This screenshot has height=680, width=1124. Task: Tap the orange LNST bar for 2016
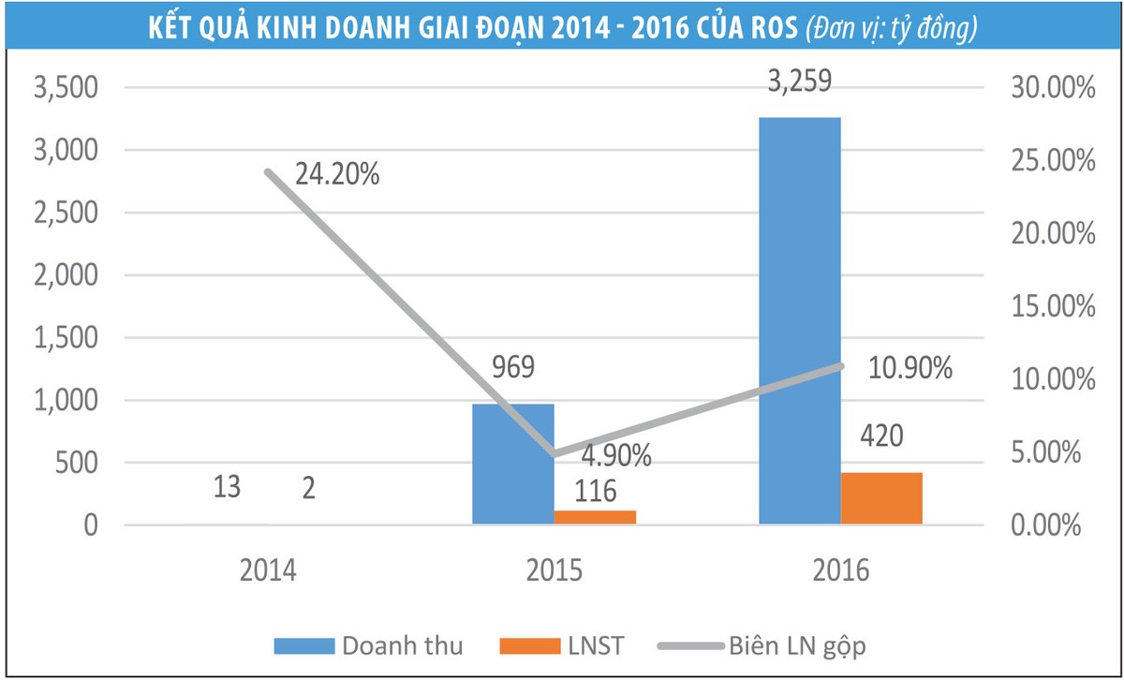tap(881, 498)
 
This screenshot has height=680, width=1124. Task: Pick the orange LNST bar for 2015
tap(595, 517)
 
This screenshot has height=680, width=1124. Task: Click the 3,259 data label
tap(799, 82)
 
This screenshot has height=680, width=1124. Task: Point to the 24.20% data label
tap(336, 174)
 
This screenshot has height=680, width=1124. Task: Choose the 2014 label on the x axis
tap(267, 570)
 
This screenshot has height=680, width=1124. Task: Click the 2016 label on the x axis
tap(840, 570)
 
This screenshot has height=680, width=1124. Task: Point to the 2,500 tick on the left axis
tap(66, 213)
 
